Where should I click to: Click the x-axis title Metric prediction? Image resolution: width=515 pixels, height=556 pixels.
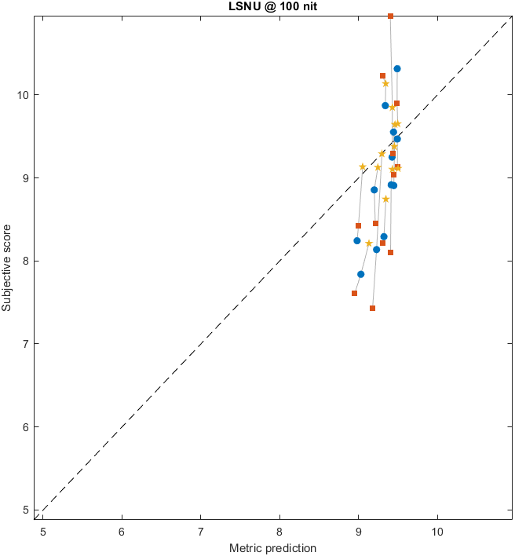[272, 547]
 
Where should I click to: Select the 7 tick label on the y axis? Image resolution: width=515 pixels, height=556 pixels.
[26, 344]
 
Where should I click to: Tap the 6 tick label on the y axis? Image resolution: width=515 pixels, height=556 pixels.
[26, 427]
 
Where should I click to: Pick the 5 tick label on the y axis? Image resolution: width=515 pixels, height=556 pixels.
[26, 510]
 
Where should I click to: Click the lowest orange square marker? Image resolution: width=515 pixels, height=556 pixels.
[372, 308]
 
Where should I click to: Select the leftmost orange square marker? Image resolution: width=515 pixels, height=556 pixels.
[354, 293]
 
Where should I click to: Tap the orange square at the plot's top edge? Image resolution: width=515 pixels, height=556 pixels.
[390, 16]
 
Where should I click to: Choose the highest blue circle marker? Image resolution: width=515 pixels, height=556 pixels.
[397, 69]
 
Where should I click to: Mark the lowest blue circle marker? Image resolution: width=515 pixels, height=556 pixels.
[360, 274]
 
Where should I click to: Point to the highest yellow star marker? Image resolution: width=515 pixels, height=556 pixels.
[385, 84]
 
